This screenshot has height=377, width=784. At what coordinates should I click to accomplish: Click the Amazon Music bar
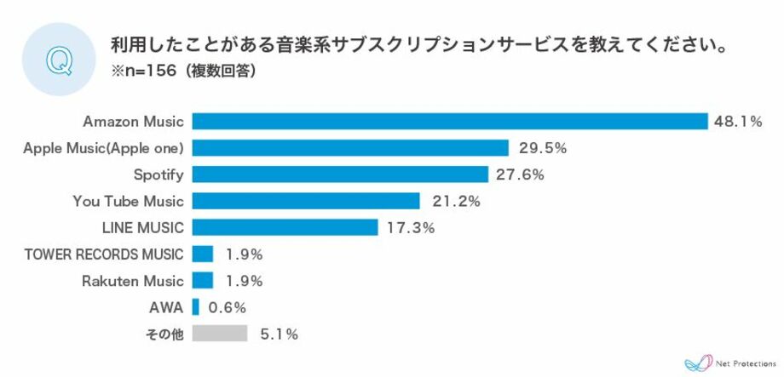450,122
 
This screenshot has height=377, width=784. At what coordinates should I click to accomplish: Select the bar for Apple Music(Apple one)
350,148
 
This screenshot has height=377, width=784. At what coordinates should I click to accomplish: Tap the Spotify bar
340,174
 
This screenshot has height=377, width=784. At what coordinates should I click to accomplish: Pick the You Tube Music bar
306,201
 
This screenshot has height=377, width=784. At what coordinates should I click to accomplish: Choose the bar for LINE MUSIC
285,227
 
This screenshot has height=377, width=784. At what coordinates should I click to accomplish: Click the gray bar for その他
220,334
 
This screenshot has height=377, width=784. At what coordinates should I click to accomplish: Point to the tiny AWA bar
196,306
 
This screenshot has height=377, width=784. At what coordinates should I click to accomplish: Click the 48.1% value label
737,122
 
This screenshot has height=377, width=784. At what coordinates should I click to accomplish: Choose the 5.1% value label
280,334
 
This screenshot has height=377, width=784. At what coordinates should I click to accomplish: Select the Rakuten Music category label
133,280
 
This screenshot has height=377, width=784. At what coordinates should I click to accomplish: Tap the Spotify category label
159,174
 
